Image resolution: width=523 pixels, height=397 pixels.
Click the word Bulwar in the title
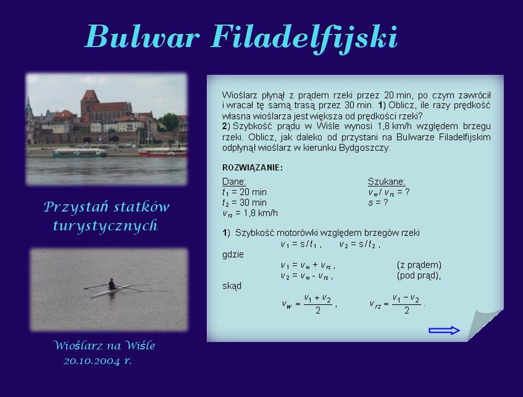[x=142, y=36]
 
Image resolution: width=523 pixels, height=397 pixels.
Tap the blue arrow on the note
[x=444, y=330]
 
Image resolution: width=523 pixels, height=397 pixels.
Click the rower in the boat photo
[x=112, y=284]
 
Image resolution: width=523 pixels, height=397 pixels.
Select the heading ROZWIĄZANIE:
[x=253, y=168]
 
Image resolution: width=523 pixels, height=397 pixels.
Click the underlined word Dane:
[x=234, y=181]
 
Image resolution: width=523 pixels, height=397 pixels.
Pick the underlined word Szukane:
[x=386, y=181]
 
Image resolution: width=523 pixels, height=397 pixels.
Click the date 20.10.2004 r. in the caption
[x=98, y=361]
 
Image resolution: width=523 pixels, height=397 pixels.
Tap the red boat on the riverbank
[x=163, y=153]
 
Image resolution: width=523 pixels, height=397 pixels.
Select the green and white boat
[x=79, y=153]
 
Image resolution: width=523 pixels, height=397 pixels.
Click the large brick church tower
[x=90, y=103]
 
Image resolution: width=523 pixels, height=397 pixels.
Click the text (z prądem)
[x=419, y=265]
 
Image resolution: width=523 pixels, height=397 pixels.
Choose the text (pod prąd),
[x=418, y=275]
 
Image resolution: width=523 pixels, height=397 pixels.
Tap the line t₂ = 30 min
[x=244, y=203]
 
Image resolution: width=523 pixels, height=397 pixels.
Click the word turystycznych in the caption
[x=106, y=226]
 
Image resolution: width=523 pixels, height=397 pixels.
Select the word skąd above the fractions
[x=232, y=286]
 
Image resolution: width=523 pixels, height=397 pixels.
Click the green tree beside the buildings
[x=169, y=121]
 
